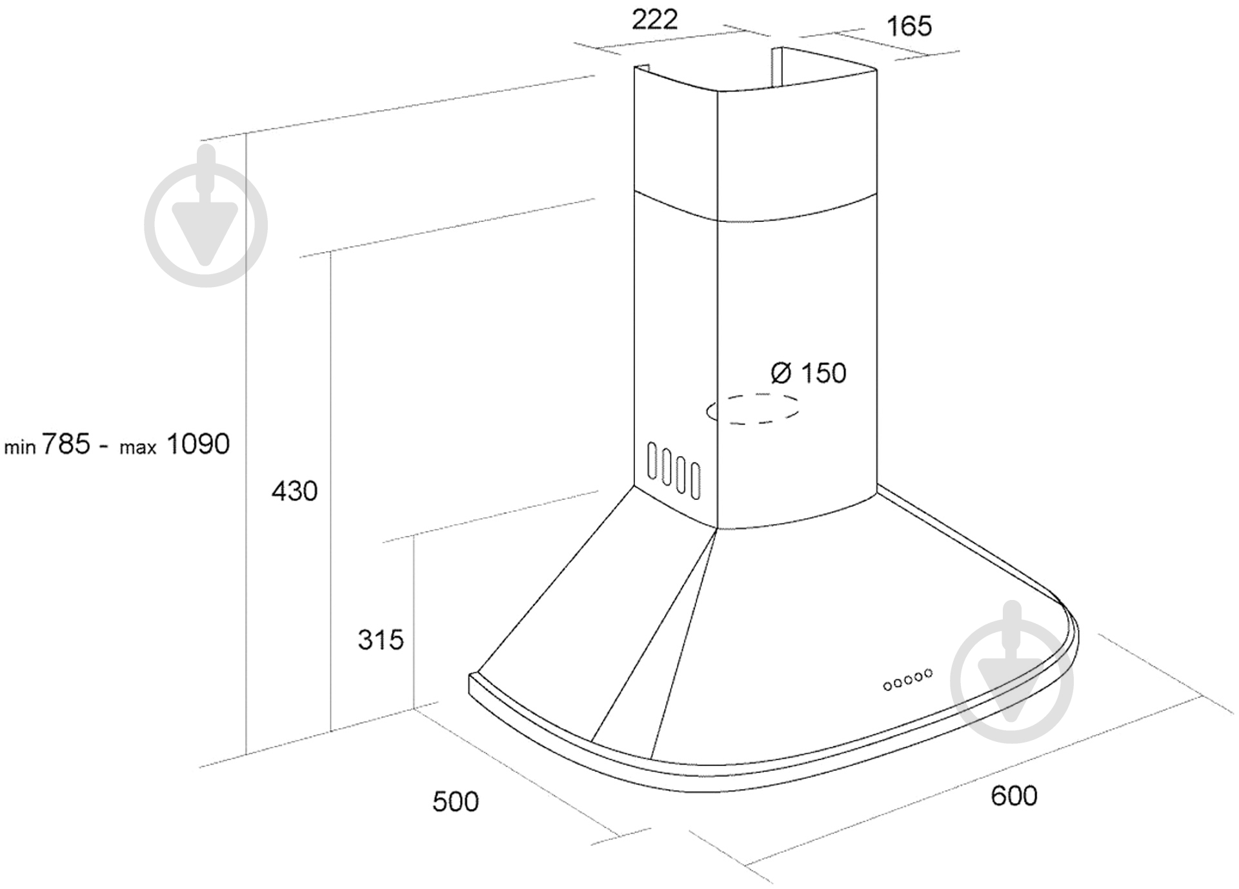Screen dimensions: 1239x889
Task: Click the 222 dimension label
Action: point(654,20)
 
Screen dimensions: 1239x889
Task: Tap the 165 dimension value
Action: point(909,26)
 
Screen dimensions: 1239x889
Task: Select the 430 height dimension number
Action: point(294,492)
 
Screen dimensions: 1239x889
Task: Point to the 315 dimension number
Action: point(381,640)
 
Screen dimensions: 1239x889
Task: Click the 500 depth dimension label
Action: point(456,802)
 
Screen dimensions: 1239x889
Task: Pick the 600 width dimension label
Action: point(1014,796)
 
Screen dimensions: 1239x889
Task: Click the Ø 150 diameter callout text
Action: point(809,373)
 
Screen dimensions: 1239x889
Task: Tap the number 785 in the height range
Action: point(66,444)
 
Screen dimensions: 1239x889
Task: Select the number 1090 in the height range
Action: point(198,444)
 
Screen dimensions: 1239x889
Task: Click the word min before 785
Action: point(20,447)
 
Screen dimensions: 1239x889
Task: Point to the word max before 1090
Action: point(138,448)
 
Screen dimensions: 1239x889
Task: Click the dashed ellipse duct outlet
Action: point(752,408)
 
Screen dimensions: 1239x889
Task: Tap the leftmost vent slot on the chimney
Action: point(652,461)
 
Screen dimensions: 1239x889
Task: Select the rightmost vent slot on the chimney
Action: point(695,481)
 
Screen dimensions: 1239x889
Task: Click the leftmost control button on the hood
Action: point(888,686)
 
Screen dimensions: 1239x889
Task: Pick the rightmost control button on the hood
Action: point(928,674)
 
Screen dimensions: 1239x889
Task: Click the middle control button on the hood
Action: point(909,679)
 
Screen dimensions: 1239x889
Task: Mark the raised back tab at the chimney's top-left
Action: point(642,68)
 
